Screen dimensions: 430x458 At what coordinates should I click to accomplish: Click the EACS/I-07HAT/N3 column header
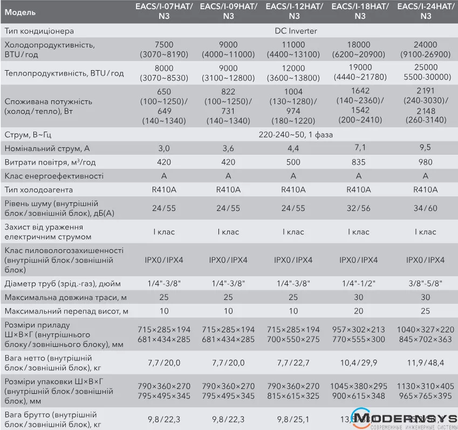coord(163,11)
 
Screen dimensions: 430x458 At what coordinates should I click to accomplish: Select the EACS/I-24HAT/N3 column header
coord(425,11)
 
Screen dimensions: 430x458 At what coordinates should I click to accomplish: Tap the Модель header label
coord(20,12)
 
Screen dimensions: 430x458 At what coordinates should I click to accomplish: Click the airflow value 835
coord(359,162)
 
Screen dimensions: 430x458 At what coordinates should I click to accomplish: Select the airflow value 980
coord(425,162)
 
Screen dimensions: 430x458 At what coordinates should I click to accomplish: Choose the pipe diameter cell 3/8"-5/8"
coord(425,284)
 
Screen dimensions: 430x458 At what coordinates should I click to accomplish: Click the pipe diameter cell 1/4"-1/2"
coord(359,284)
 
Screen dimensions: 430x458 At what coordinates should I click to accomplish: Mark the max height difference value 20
coord(359,311)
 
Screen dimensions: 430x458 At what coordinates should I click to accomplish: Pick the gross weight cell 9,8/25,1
coord(293,419)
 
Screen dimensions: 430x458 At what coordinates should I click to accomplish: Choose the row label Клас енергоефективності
coord(53,176)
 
